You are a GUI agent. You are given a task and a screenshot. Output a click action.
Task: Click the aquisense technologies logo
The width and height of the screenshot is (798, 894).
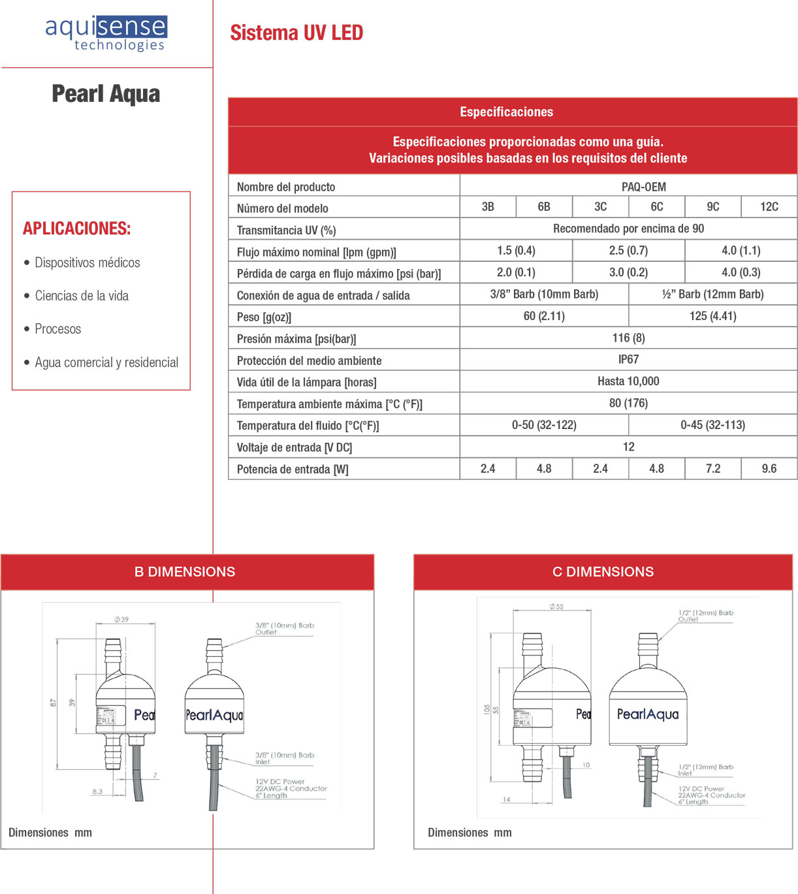click(106, 33)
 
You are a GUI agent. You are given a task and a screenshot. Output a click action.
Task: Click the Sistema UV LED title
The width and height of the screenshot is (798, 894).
click(296, 33)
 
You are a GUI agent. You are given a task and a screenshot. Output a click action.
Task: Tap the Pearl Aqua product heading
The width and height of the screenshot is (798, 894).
click(106, 94)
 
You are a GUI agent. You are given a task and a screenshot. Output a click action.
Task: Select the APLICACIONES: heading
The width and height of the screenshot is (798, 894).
click(76, 229)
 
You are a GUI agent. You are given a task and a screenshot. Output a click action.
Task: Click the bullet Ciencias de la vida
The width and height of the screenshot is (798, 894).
click(82, 296)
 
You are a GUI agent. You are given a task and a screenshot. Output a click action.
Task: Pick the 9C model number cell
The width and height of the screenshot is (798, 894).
click(712, 207)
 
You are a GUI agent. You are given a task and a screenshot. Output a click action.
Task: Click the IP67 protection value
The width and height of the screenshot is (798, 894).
click(628, 360)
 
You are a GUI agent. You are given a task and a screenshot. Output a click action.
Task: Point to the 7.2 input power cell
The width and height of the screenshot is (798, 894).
click(712, 469)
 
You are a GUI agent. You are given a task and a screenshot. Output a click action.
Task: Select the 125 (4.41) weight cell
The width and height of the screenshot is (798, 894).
click(712, 316)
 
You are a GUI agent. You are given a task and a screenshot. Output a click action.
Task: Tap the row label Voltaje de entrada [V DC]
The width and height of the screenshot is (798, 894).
click(294, 447)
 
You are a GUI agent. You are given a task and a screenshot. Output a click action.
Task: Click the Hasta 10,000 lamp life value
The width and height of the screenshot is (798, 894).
click(628, 381)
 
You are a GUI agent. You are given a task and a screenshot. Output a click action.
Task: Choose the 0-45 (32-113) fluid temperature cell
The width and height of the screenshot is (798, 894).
click(712, 425)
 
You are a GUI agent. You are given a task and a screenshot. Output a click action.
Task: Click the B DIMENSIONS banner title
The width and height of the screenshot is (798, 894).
click(185, 572)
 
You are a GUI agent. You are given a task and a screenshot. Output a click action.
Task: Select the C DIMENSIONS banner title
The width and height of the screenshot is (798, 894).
click(603, 572)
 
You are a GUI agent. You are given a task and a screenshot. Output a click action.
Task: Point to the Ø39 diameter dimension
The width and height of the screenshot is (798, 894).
click(121, 620)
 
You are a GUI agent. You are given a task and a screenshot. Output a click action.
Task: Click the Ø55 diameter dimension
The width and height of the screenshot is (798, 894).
click(556, 607)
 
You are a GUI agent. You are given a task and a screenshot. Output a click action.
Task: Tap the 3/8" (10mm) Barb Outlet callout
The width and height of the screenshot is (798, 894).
click(284, 628)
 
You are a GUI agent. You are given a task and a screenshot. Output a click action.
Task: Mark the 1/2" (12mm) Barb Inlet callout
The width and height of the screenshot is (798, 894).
click(705, 770)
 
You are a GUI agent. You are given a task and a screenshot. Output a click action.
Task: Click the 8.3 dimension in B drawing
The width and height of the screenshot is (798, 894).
click(97, 791)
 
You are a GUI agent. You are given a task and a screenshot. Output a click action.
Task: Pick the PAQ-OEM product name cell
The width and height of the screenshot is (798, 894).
click(643, 187)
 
